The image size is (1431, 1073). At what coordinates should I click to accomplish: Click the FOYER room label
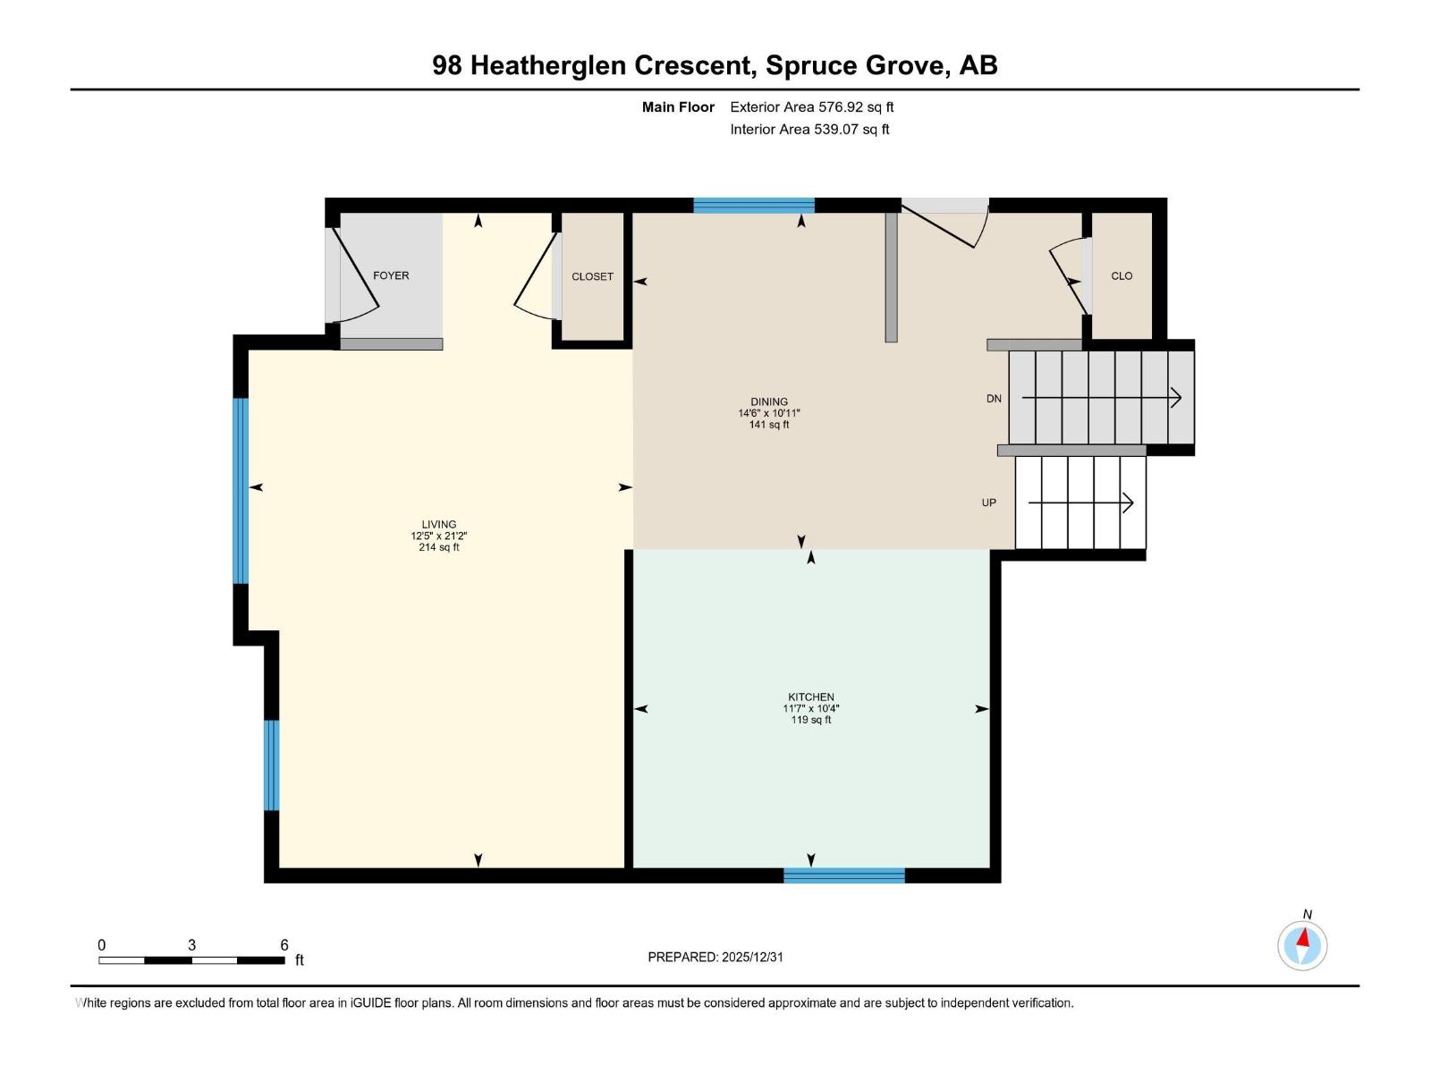point(391,275)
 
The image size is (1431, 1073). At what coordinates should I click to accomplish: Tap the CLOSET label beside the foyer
point(592,276)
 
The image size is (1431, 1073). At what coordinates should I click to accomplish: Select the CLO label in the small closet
point(1122,275)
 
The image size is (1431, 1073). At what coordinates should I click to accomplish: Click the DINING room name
point(769,401)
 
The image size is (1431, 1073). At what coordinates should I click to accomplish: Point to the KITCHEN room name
point(811,697)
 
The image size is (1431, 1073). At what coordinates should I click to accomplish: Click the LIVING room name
point(439,525)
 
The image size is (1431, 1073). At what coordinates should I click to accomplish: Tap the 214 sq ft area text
point(439,547)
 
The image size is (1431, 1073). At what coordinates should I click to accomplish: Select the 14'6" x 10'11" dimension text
point(769,413)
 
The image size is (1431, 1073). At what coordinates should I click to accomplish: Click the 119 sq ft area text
point(811,720)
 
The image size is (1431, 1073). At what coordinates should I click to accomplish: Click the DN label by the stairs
point(994,399)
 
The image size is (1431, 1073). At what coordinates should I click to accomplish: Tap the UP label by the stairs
point(989,503)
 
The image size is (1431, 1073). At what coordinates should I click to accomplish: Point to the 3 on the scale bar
point(191,945)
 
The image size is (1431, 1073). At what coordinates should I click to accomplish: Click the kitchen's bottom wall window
point(844,875)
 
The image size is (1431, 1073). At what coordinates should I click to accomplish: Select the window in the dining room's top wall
point(754,206)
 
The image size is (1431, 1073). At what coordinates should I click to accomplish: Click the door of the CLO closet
point(1070,277)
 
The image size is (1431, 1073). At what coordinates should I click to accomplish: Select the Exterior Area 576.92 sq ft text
point(812,107)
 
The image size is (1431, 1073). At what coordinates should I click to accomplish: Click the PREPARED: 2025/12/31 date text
point(715,957)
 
